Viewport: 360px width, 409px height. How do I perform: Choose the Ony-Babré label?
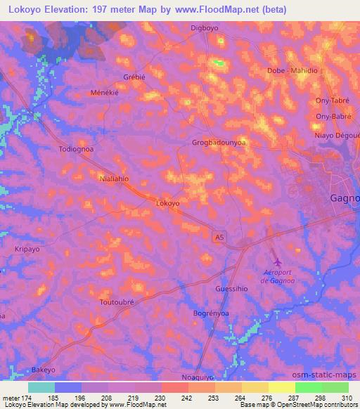pyautogui.click(x=333, y=116)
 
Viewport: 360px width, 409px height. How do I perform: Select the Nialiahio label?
pyautogui.click(x=115, y=178)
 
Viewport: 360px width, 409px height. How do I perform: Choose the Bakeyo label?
pyautogui.click(x=43, y=369)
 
